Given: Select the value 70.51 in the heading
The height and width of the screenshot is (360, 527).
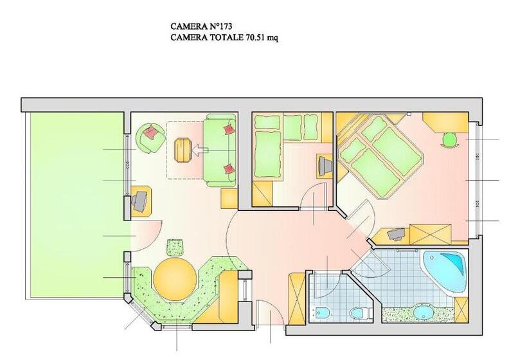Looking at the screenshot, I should point(255,37).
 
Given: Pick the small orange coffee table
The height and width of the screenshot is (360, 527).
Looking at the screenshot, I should point(183,150).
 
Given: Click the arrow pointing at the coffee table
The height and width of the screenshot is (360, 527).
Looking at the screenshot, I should point(201,150).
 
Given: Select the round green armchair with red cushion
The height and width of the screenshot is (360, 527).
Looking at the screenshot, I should point(150,138).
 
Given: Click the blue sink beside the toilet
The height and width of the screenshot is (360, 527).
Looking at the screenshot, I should point(323,313).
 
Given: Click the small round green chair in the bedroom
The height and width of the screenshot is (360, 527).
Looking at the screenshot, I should point(450,139).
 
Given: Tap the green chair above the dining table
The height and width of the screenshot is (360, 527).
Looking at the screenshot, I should point(175,247).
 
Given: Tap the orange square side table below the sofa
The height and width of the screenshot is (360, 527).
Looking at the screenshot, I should point(229,199).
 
